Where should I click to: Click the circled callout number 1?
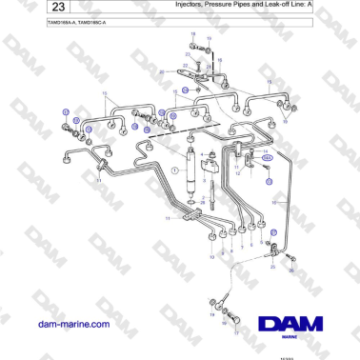click(x=175, y=170)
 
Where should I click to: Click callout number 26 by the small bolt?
click(x=291, y=270)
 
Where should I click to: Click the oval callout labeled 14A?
click(x=269, y=156)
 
